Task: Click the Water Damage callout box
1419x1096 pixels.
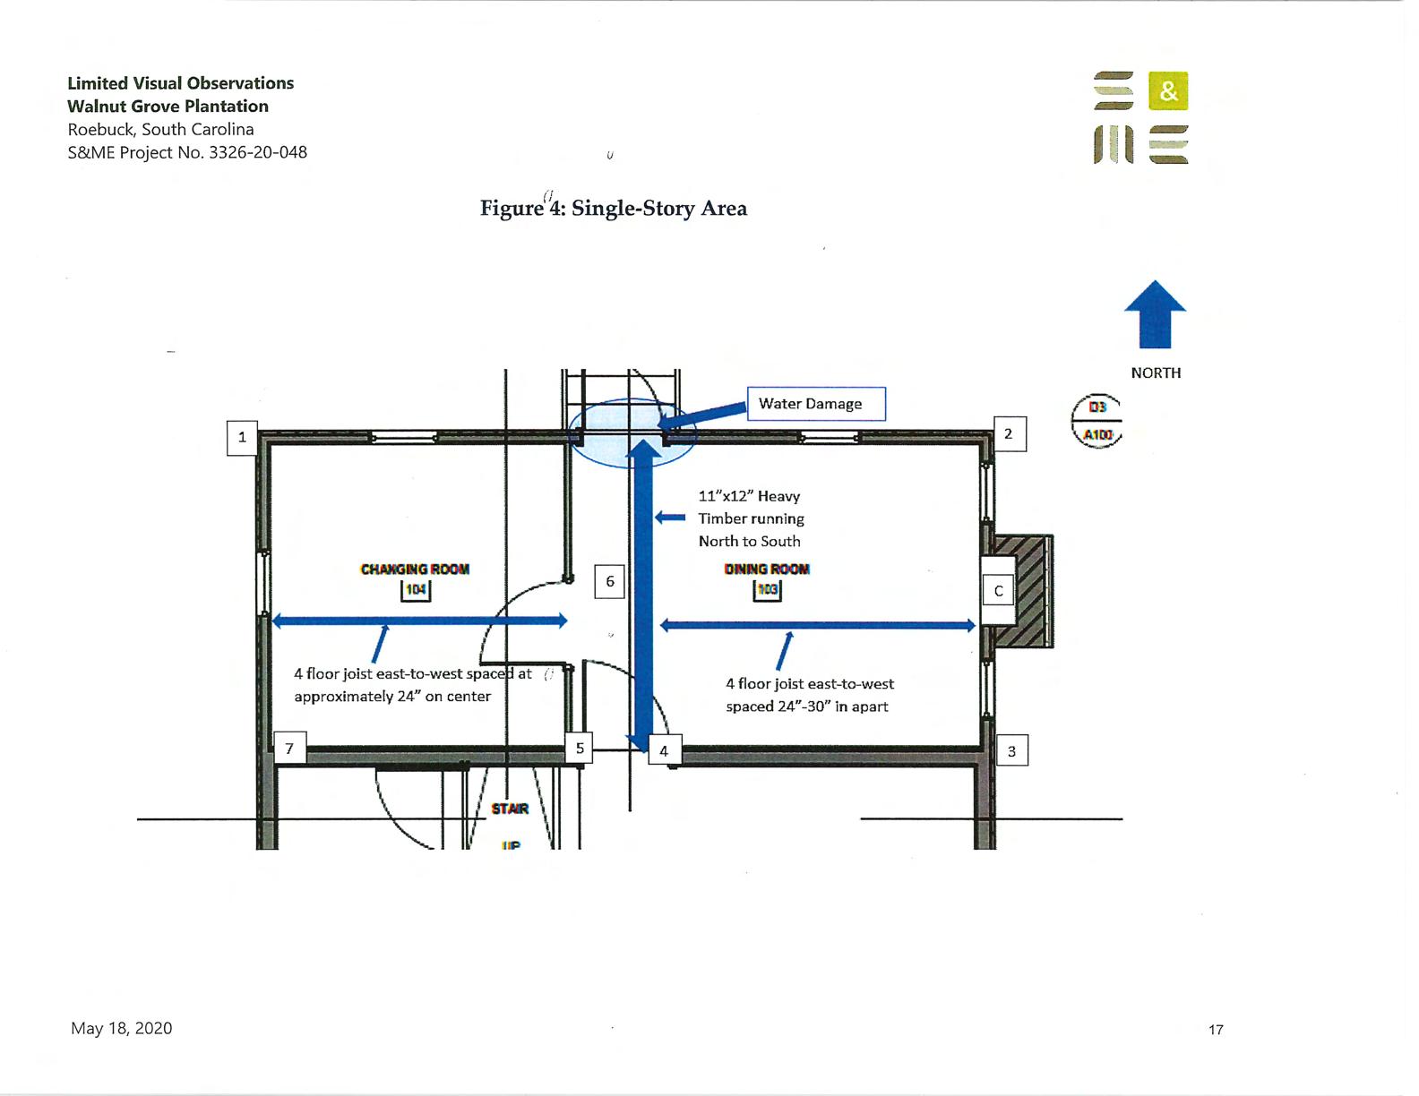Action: point(816,404)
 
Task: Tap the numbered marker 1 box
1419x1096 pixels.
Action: point(242,438)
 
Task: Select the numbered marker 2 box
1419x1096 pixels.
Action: point(1009,434)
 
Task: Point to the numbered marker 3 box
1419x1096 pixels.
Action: point(1011,751)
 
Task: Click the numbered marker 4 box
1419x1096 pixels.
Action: point(664,751)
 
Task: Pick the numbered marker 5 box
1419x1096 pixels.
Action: point(580,748)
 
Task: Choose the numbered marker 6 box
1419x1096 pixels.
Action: point(610,581)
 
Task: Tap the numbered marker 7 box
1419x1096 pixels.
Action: point(289,749)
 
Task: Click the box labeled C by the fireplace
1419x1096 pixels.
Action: point(998,591)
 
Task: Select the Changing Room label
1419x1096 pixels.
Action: point(415,569)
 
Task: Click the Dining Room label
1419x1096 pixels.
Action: point(767,569)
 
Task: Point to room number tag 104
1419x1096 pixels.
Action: point(416,590)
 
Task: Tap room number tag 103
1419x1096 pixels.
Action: point(768,590)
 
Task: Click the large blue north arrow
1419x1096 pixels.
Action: point(1156,315)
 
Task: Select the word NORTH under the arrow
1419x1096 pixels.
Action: point(1156,373)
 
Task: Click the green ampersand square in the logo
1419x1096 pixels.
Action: point(1168,90)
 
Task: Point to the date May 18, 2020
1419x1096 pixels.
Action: point(122,1029)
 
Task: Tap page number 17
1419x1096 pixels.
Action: point(1216,1030)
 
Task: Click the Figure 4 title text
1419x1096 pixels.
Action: point(614,209)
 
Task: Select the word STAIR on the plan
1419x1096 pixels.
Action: point(510,809)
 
